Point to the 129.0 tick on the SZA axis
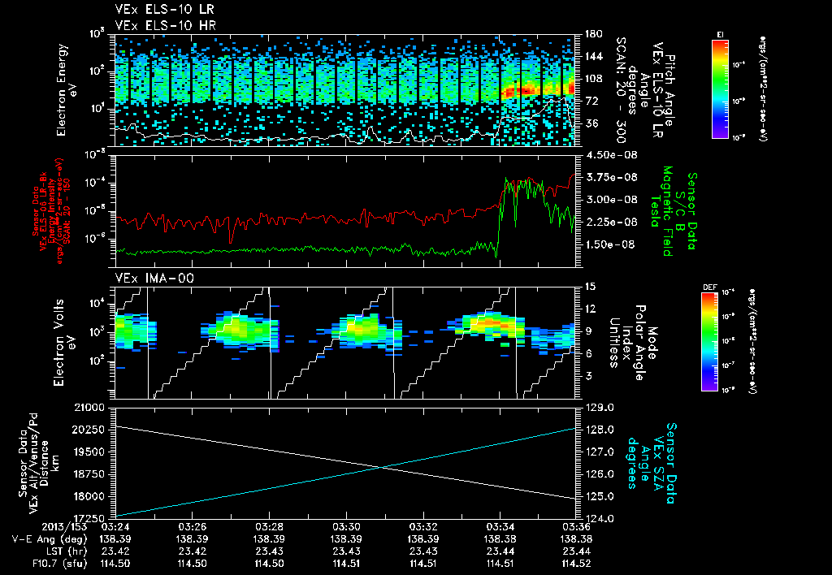coord(596,407)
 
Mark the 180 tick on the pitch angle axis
coord(591,34)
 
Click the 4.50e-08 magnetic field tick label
coord(608,154)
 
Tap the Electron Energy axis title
coord(67,89)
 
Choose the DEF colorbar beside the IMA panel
coord(709,341)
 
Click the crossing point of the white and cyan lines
coord(380,466)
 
